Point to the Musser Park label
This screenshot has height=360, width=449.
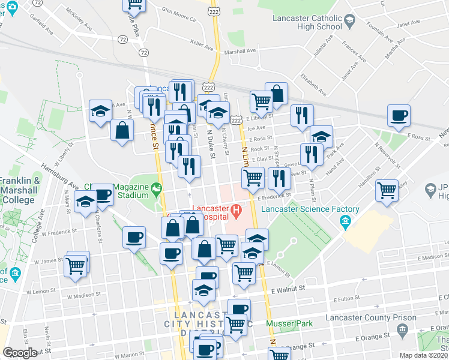coord(294,324)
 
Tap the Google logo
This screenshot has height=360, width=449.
coord(20,353)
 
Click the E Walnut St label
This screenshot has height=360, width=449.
coord(288,289)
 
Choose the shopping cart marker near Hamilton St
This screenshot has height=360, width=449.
coord(387,191)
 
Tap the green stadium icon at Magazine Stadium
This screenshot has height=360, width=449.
coord(157,190)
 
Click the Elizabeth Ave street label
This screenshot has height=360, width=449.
coord(314,85)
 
